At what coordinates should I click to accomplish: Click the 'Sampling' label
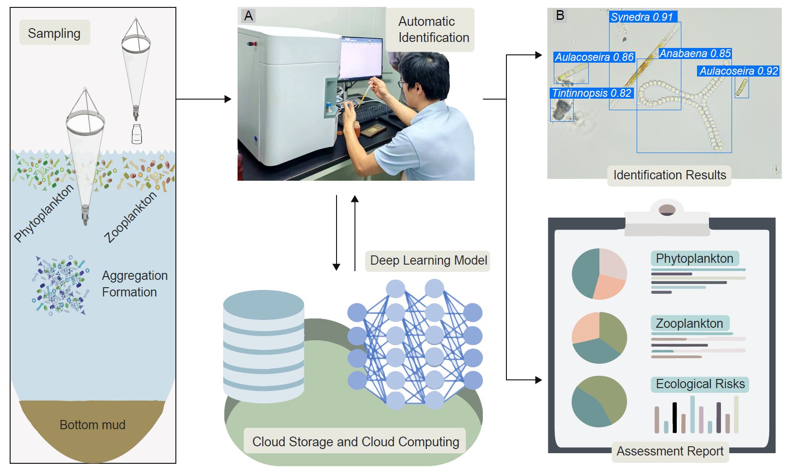point(54,33)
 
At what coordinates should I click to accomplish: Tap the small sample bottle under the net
point(137,134)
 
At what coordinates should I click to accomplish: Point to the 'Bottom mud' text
point(93,425)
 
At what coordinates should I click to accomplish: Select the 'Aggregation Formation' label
point(134,284)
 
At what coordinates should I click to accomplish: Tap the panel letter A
point(249,16)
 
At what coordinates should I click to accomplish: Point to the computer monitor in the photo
point(361,58)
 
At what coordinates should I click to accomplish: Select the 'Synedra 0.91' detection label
point(642,17)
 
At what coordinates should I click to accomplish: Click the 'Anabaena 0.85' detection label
point(695,53)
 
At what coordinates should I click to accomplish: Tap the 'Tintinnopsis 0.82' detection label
point(592,93)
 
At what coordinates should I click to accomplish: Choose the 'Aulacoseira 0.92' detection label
point(738,71)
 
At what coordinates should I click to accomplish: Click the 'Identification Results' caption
point(669,175)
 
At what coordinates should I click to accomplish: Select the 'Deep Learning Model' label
point(429,260)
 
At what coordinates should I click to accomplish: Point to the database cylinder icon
point(264,346)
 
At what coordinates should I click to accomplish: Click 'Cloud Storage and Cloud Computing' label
point(355,442)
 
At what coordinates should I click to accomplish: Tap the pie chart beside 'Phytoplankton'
point(599,274)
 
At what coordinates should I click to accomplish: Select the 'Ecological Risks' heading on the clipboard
point(700,384)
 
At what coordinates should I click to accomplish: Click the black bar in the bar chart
point(674,418)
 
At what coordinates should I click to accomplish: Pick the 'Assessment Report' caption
point(670,451)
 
